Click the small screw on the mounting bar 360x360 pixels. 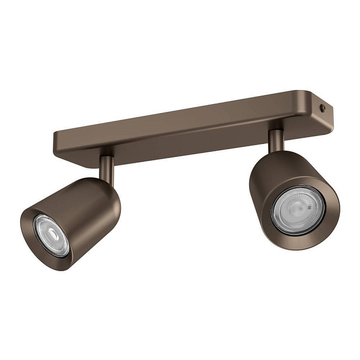pos(322,108)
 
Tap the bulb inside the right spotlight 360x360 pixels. pos(298,210)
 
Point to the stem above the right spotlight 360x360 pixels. pos(276,141)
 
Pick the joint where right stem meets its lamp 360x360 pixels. pos(276,151)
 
